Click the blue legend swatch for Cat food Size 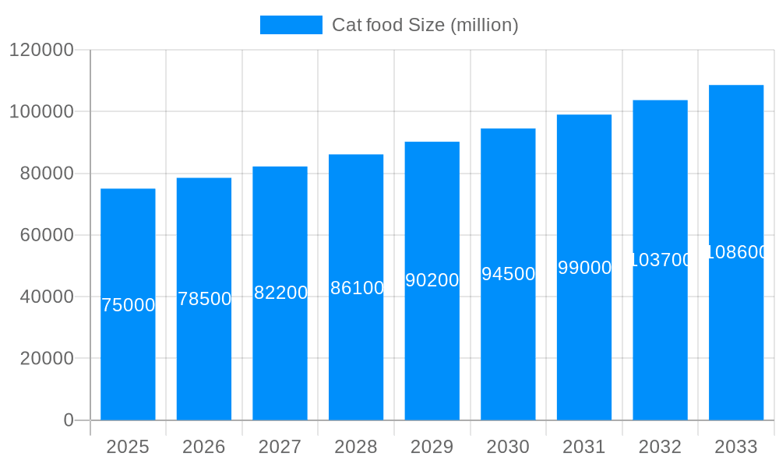291,25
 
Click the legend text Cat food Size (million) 425,25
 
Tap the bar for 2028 356,350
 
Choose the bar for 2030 508,350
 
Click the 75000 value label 128,305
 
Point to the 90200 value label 432,280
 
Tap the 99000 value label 584,268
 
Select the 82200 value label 280,293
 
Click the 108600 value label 736,252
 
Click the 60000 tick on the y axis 47,235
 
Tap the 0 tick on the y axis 69,420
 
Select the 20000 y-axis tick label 47,359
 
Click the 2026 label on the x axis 204,447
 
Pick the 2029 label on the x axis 432,447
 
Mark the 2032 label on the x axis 660,447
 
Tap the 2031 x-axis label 584,447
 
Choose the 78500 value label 204,299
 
